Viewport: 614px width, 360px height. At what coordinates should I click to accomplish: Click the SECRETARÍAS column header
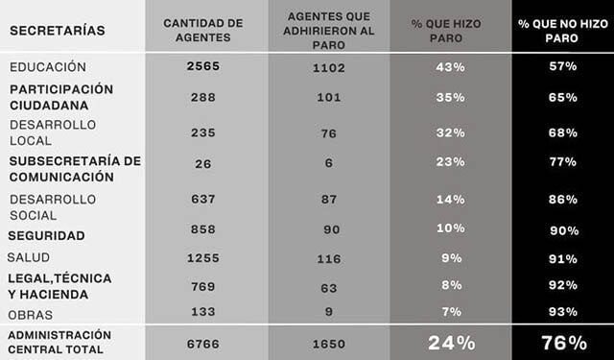pyautogui.click(x=58, y=31)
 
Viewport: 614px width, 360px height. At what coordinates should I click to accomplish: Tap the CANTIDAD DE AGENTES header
pyautogui.click(x=203, y=31)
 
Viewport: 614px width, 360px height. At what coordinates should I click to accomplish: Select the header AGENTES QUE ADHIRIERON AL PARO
pyautogui.click(x=329, y=31)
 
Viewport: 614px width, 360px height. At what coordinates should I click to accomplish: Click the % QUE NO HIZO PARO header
pyautogui.click(x=563, y=31)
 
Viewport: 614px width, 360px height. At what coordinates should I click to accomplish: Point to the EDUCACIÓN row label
pyautogui.click(x=48, y=67)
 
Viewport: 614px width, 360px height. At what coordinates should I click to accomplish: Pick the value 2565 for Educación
pyautogui.click(x=203, y=66)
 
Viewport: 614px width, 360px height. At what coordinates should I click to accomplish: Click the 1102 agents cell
pyautogui.click(x=329, y=68)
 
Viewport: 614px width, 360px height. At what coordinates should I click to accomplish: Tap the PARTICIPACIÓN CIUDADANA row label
pyautogui.click(x=61, y=97)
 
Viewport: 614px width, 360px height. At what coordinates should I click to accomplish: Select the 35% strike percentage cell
pyautogui.click(x=450, y=97)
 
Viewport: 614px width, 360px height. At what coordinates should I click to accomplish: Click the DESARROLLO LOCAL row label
pyautogui.click(x=53, y=132)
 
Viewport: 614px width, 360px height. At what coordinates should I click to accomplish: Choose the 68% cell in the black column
pyautogui.click(x=563, y=132)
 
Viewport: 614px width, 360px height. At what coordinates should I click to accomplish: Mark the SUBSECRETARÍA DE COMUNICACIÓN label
pyautogui.click(x=75, y=169)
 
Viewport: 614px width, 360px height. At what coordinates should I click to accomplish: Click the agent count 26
pyautogui.click(x=203, y=164)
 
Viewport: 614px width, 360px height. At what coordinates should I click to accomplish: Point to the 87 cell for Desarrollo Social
pyautogui.click(x=329, y=200)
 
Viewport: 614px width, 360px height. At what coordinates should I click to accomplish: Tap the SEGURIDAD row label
pyautogui.click(x=46, y=236)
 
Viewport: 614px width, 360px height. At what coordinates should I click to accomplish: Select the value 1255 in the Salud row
pyautogui.click(x=203, y=258)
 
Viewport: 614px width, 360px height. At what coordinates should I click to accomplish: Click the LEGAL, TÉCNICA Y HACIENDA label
pyautogui.click(x=59, y=286)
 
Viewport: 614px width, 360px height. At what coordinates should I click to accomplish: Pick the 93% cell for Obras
pyautogui.click(x=563, y=312)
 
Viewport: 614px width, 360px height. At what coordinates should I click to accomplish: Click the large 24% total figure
pyautogui.click(x=452, y=343)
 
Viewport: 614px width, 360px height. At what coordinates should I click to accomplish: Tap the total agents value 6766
pyautogui.click(x=203, y=344)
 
